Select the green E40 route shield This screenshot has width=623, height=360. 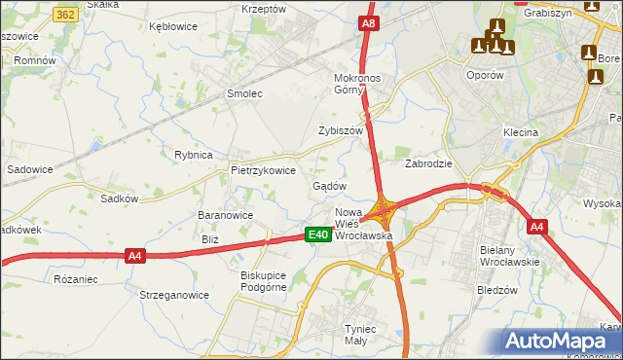[316, 234]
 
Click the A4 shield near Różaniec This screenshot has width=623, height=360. [135, 256]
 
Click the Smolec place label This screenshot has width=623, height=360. [245, 93]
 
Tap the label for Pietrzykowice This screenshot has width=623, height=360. [263, 169]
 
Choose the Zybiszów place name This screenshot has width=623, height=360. [341, 130]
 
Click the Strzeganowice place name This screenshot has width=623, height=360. [174, 295]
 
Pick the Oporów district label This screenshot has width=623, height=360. [484, 75]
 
